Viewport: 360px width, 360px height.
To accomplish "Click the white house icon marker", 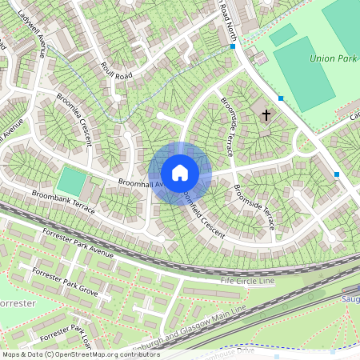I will pos(180,172).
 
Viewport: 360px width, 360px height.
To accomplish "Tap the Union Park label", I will pos(332,58).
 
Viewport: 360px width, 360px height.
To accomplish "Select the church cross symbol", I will pos(266,115).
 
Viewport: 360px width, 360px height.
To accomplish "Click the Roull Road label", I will pos(110,70).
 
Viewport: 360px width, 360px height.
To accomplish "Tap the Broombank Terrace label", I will pos(63,202).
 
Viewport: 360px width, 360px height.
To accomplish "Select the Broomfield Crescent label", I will pos(206,210).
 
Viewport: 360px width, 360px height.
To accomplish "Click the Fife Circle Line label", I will pos(247,282).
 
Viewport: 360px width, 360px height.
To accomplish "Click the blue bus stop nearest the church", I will pos(281,98).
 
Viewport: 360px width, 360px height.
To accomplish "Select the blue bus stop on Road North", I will pos(232,47).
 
